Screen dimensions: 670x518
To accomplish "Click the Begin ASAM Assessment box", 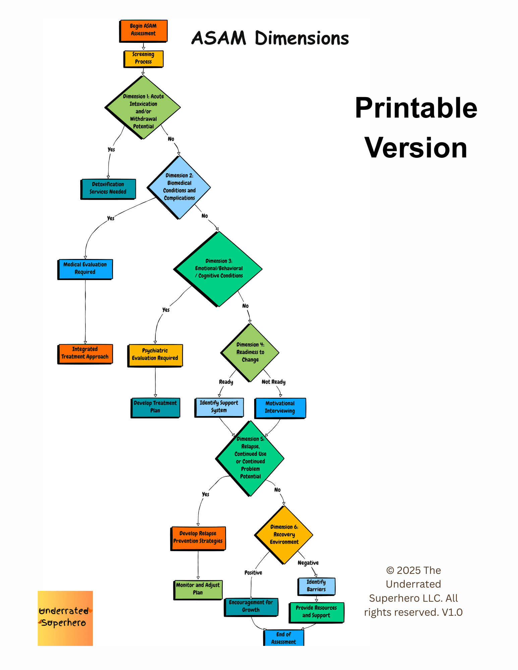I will pyautogui.click(x=143, y=30).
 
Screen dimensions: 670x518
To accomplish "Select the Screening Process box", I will pyautogui.click(x=143, y=58).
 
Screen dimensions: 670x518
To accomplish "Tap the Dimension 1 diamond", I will pyautogui.click(x=143, y=108).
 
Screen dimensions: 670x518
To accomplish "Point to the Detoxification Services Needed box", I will pyautogui.click(x=108, y=188).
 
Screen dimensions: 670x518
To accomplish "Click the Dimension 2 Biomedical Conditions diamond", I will pyautogui.click(x=179, y=187).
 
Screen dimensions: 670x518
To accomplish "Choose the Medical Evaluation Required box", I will pyautogui.click(x=85, y=269).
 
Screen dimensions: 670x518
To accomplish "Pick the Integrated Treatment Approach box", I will pyautogui.click(x=85, y=353).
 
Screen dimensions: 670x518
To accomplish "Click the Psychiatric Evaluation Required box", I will pyautogui.click(x=155, y=355).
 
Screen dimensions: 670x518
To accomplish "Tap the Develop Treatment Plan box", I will pyautogui.click(x=155, y=407).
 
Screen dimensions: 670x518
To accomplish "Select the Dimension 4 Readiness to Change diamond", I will pyautogui.click(x=250, y=352).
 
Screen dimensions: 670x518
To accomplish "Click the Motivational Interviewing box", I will pyautogui.click(x=280, y=407).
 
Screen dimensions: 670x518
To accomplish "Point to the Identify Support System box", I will pyautogui.click(x=219, y=407).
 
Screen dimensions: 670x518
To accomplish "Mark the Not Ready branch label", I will pyautogui.click(x=274, y=382).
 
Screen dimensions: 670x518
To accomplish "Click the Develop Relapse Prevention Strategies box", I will pyautogui.click(x=198, y=538).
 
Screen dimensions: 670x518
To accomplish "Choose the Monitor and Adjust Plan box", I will pyautogui.click(x=198, y=589).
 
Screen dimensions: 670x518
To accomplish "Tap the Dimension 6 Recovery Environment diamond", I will pyautogui.click(x=284, y=535).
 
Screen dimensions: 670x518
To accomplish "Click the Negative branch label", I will pyautogui.click(x=308, y=563).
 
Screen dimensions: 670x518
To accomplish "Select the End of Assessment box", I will pyautogui.click(x=284, y=638).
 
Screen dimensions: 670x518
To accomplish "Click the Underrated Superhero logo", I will pyautogui.click(x=65, y=618).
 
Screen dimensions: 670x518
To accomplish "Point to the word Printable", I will pyautogui.click(x=416, y=108).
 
